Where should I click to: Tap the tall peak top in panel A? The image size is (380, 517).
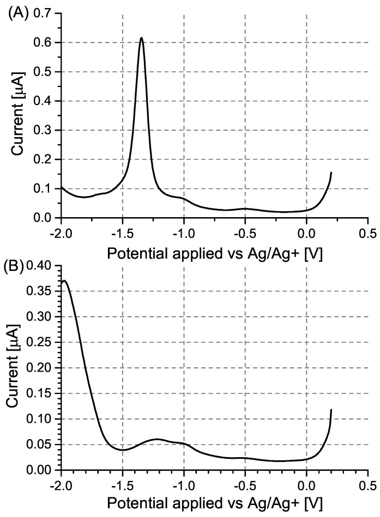(142, 38)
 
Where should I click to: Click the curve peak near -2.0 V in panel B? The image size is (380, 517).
(65, 281)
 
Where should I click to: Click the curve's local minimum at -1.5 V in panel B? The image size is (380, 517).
(123, 450)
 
